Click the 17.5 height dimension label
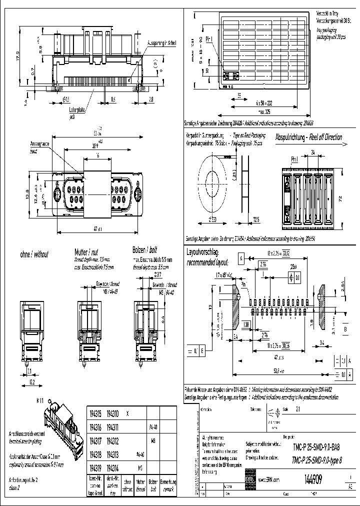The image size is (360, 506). (17, 54)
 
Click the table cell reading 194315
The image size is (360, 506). (95, 414)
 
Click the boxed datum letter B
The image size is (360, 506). (345, 329)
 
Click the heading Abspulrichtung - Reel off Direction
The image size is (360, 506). (308, 137)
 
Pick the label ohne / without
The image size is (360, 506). (34, 254)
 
